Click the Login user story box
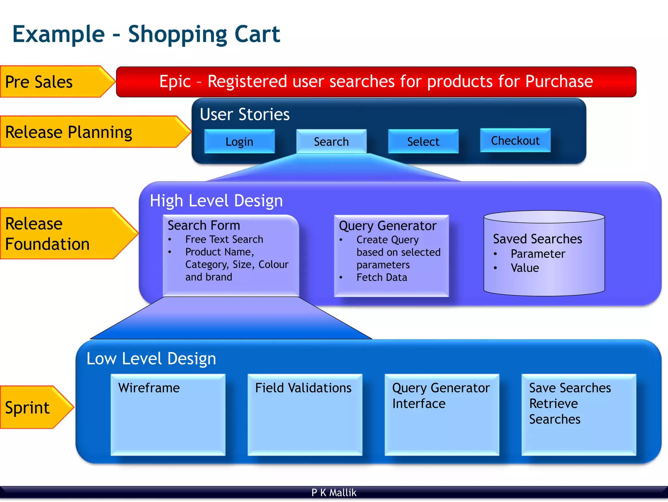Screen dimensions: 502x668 click(239, 141)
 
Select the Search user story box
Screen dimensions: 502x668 click(331, 141)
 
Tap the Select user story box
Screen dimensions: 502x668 click(423, 141)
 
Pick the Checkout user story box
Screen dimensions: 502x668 click(515, 140)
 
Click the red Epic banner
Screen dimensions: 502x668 click(376, 82)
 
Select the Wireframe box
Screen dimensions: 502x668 click(168, 415)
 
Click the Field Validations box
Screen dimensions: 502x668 click(305, 415)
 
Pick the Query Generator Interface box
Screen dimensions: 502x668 click(442, 415)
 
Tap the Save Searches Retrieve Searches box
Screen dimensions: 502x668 click(579, 415)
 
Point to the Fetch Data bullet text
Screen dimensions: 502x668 click(382, 277)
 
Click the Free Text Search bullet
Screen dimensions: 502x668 click(224, 239)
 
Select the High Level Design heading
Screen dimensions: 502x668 click(216, 201)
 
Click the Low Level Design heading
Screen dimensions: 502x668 click(151, 359)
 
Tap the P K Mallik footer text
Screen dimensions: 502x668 click(334, 493)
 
